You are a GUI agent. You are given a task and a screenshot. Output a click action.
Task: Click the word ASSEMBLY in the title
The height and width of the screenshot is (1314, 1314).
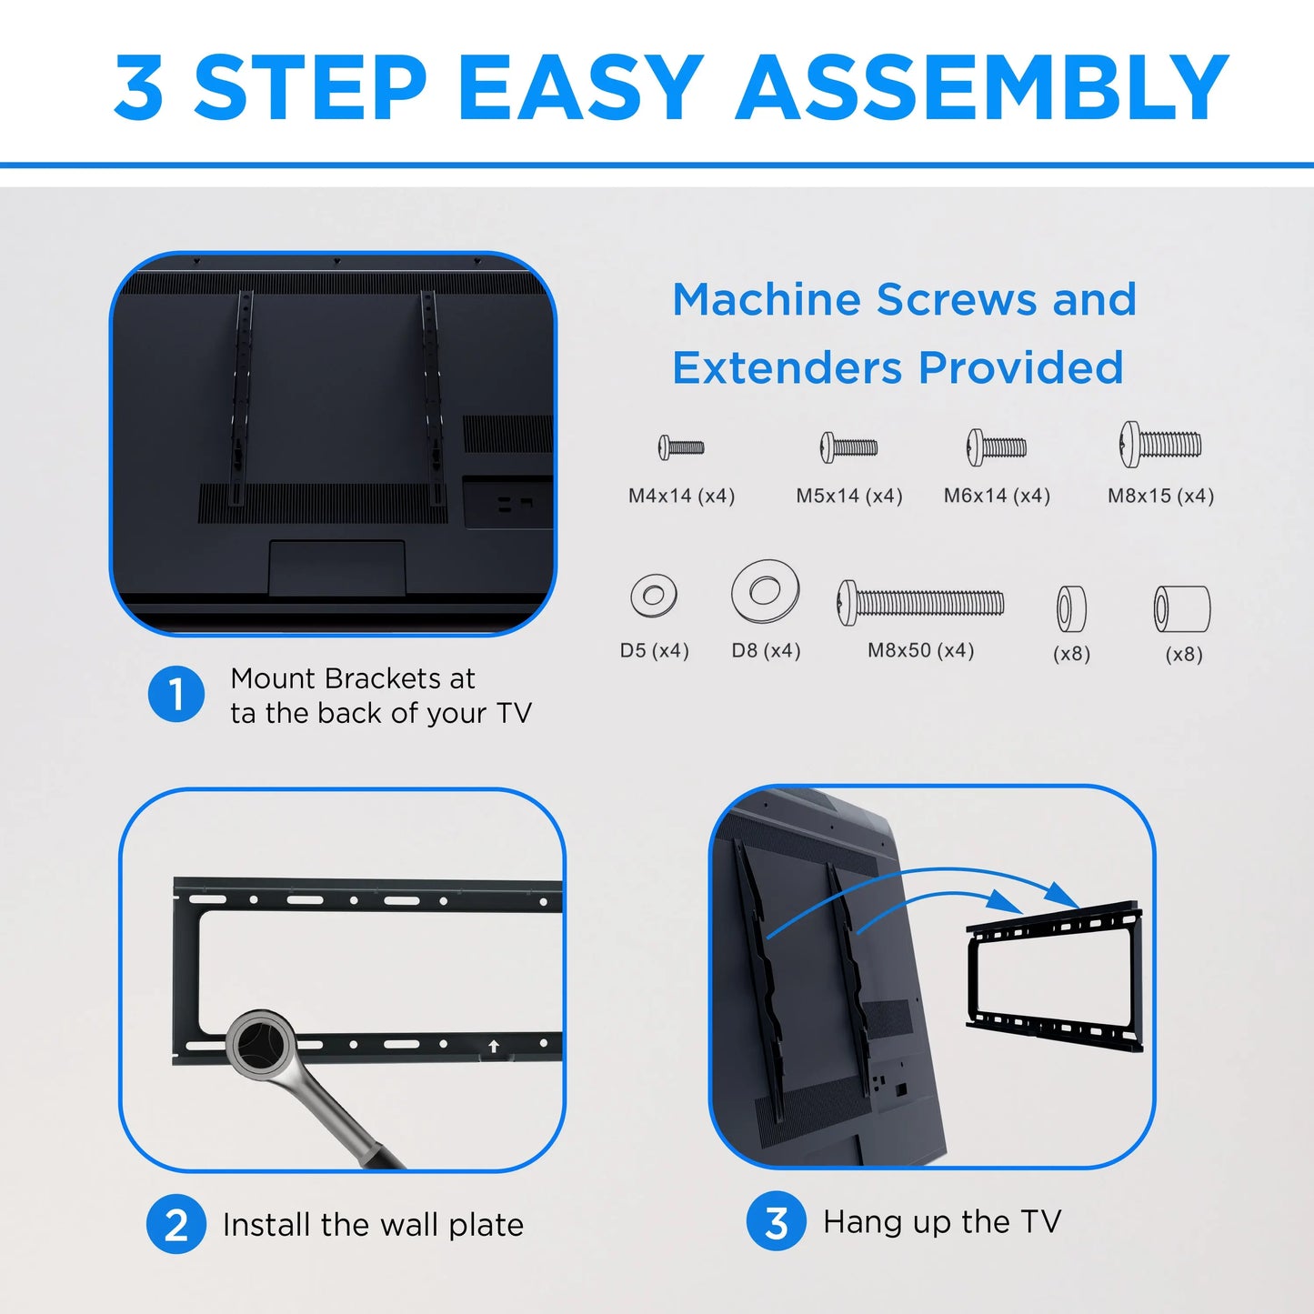coord(983,87)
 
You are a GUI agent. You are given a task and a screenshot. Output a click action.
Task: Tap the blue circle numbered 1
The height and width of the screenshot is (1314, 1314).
coord(176,694)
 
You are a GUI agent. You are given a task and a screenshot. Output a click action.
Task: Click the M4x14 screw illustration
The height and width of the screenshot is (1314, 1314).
coord(680,447)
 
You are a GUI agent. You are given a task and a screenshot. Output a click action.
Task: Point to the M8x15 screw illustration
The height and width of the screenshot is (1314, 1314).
coord(1160,445)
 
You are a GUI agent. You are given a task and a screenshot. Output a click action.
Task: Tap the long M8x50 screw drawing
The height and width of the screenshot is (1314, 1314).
coord(920,603)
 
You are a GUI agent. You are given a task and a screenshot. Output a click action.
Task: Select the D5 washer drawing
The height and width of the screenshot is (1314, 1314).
coord(653,596)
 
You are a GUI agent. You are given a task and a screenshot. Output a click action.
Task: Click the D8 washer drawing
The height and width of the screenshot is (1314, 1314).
coord(765,590)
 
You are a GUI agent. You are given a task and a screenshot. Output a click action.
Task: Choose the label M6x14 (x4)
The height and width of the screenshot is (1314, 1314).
coord(997,496)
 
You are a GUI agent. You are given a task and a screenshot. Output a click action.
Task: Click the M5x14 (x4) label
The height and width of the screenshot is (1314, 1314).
coord(849,496)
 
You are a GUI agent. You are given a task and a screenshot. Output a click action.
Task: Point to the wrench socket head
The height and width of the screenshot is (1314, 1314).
coord(260,1044)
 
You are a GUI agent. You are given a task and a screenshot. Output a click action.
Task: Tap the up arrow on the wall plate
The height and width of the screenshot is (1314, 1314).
coord(494,1046)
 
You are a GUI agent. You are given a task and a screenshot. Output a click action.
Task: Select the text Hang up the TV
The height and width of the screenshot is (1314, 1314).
coord(942,1221)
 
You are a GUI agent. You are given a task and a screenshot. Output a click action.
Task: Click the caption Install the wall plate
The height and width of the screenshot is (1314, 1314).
coord(373,1225)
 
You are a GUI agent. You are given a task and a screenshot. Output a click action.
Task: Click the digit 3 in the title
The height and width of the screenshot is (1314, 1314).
coord(139,87)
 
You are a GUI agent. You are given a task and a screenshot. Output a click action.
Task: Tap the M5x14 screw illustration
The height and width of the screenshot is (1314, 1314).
coord(848,447)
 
